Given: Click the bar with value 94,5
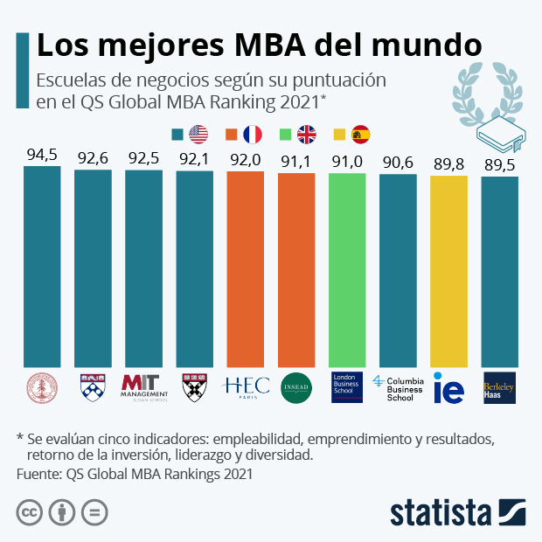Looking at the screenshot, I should point(42,266).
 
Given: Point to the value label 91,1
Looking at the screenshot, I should point(295,162).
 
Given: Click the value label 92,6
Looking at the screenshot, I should point(93,158).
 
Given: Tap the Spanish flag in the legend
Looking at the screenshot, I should point(360,134).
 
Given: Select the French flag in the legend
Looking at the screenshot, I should point(253,134).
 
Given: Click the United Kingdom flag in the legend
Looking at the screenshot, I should point(307,134).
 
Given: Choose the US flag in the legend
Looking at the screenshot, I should point(198,134).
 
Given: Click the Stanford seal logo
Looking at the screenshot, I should point(42,387).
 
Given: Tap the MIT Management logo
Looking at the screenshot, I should point(143,386).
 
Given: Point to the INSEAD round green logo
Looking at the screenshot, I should point(295,387).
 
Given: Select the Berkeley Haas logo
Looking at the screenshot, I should point(499,387).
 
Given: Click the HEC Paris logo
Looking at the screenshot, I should point(245,387).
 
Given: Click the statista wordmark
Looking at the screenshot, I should point(442,511).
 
